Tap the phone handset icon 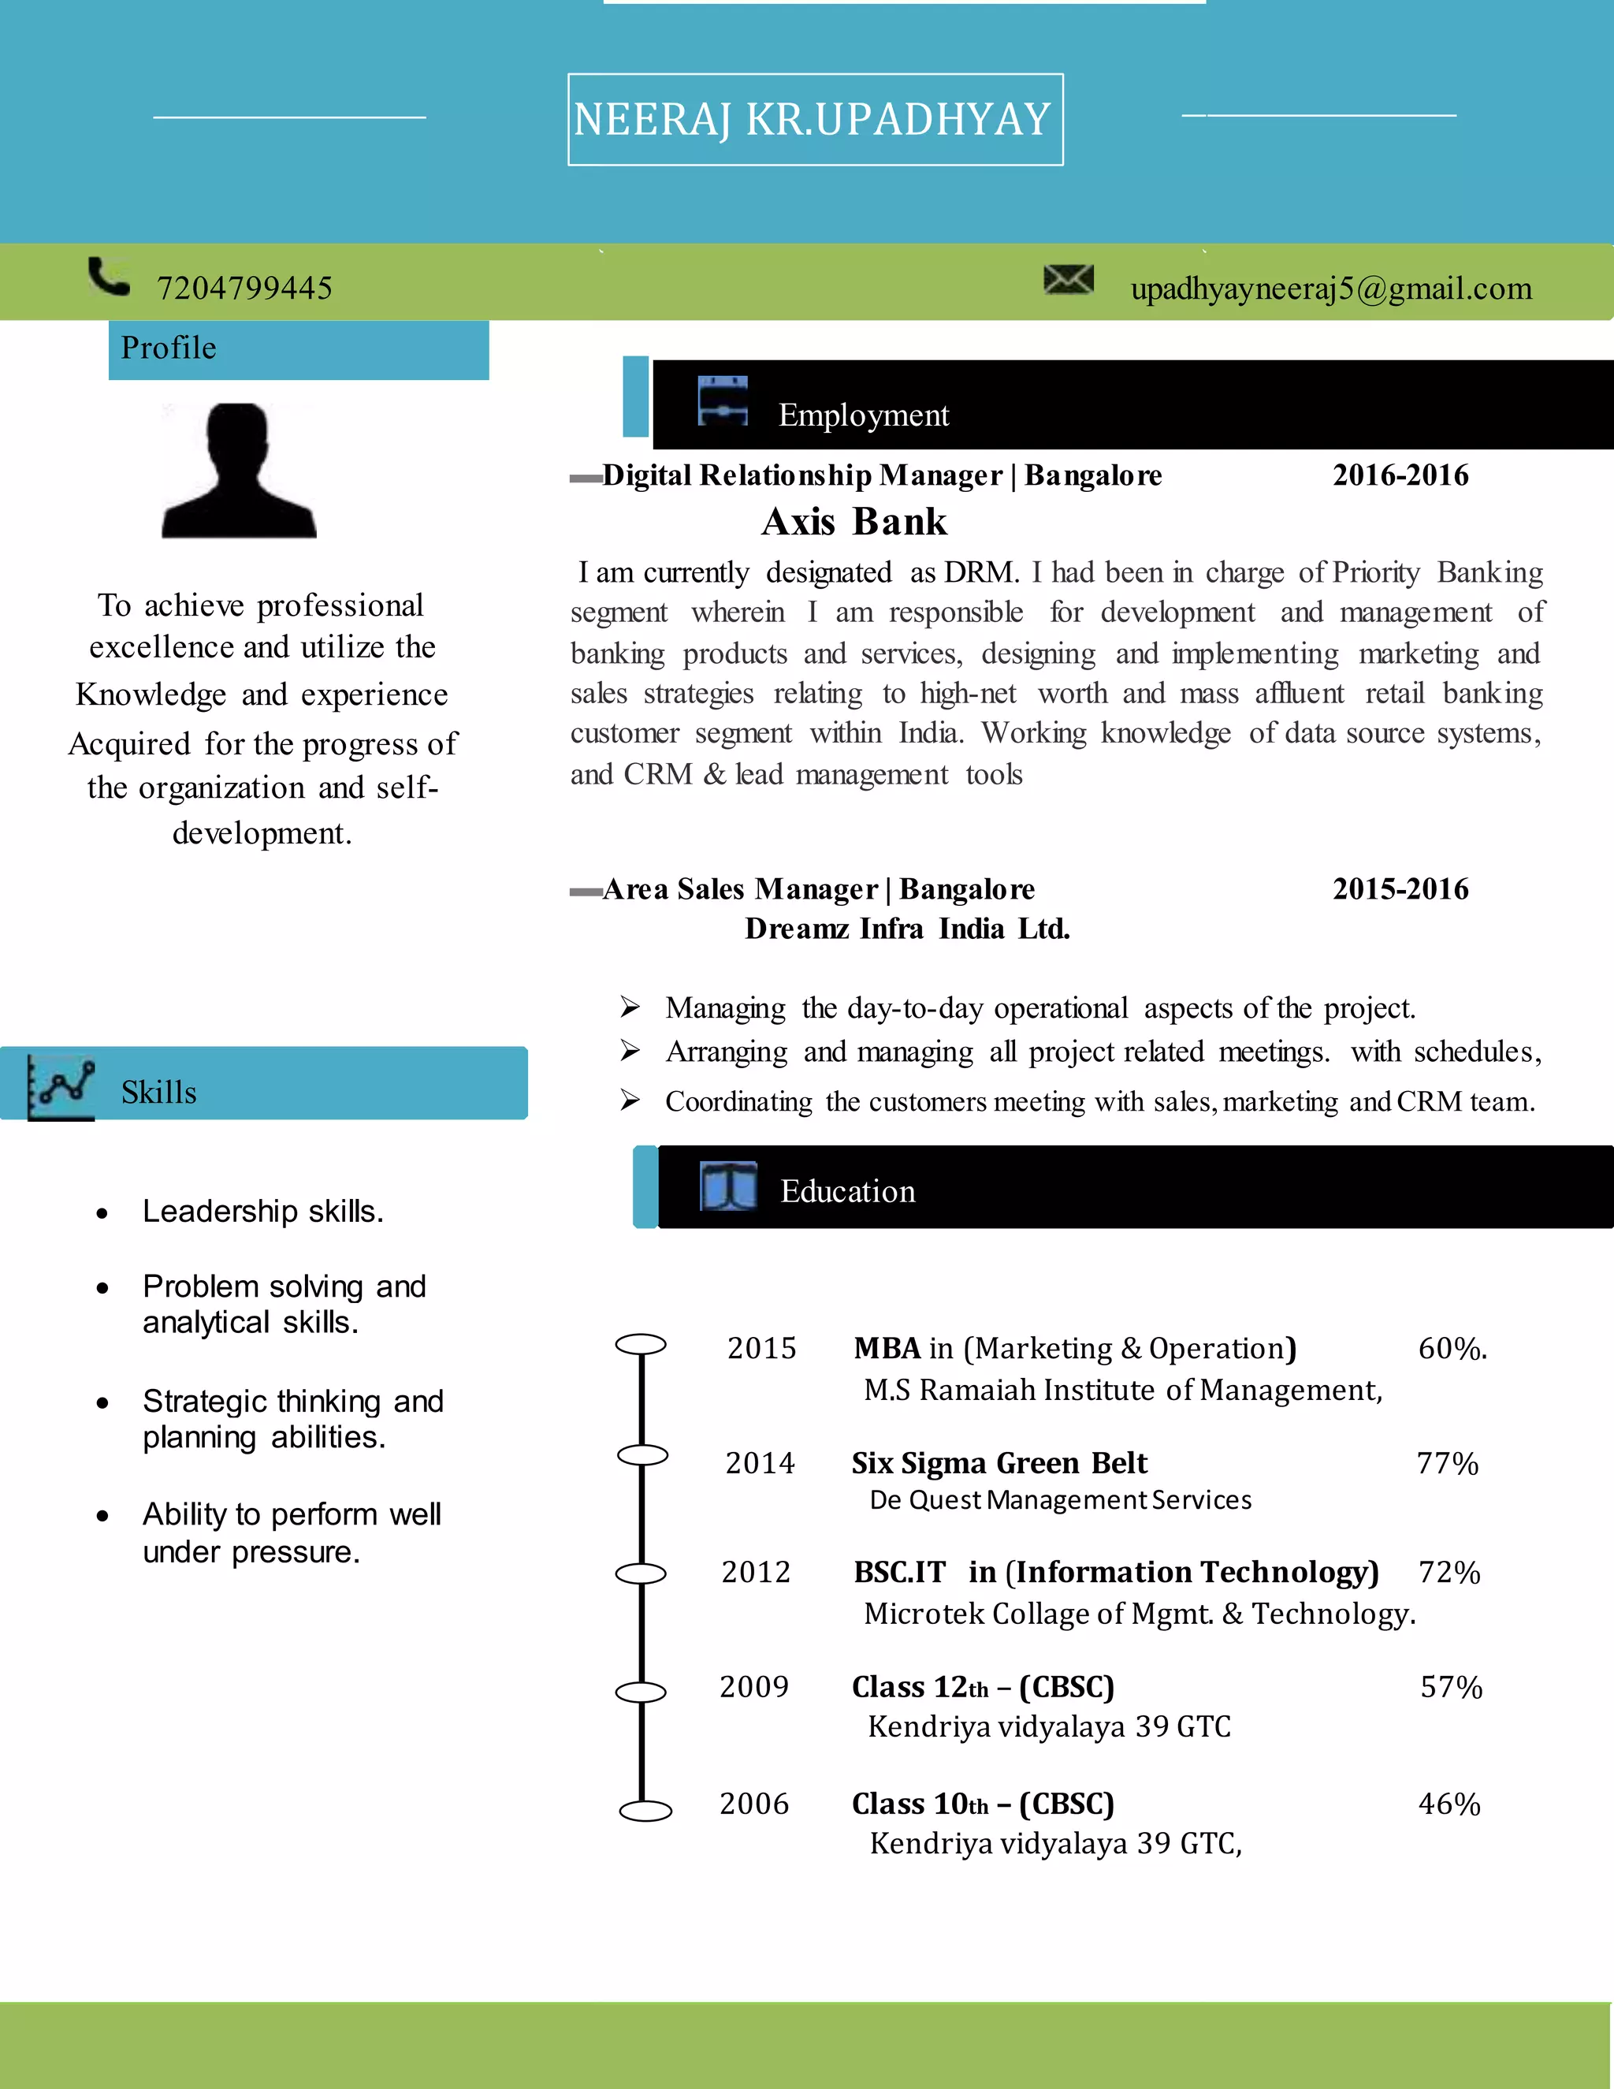click(x=108, y=277)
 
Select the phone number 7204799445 click(x=245, y=288)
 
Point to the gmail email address click(x=1331, y=288)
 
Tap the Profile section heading click(x=169, y=348)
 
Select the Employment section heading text click(x=864, y=415)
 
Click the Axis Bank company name click(x=853, y=522)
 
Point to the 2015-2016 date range click(x=1400, y=888)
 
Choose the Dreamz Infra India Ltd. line click(x=907, y=929)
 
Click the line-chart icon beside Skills click(x=61, y=1086)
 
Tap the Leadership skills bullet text click(x=263, y=1212)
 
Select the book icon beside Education click(x=729, y=1187)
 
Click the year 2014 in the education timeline click(x=761, y=1463)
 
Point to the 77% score click(x=1448, y=1463)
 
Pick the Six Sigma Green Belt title click(x=999, y=1463)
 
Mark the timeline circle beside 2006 click(x=645, y=1811)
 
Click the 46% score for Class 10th click(x=1449, y=1804)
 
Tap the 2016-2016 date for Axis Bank click(x=1400, y=475)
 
